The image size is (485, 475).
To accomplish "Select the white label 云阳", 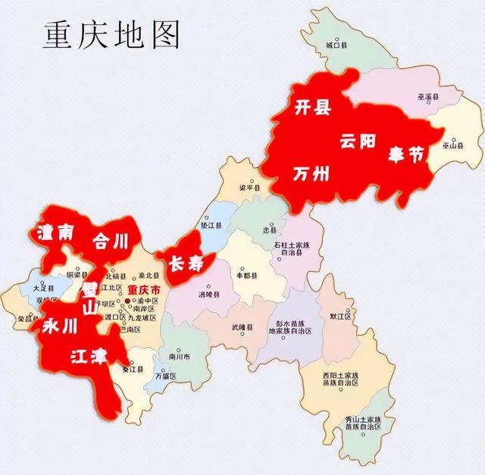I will pyautogui.click(x=358, y=141).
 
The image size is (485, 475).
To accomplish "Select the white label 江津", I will pyautogui.click(x=88, y=356).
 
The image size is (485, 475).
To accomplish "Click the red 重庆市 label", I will pyautogui.click(x=143, y=290).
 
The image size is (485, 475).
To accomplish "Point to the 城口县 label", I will pyautogui.click(x=336, y=45).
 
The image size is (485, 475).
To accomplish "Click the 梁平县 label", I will pyautogui.click(x=249, y=187).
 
